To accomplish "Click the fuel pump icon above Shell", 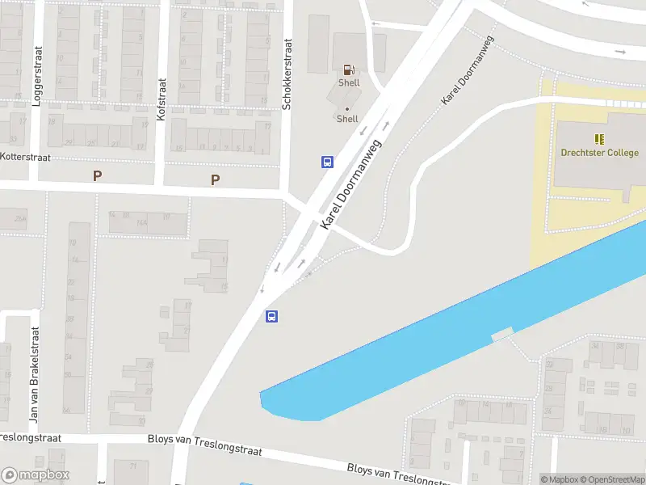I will point(349,70).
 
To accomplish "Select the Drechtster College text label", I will point(600,153).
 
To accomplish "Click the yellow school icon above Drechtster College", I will point(599,139).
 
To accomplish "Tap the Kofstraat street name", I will point(161,99).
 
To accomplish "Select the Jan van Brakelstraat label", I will point(34,375).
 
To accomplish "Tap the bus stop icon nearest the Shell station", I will point(327,162).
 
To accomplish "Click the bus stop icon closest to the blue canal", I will point(272,316).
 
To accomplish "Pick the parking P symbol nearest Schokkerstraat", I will point(215,179).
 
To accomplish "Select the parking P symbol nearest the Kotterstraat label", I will point(98,175).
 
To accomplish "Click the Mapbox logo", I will point(36,475).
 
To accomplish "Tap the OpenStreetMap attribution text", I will point(612,479).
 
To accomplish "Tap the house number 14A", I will point(142,222).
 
